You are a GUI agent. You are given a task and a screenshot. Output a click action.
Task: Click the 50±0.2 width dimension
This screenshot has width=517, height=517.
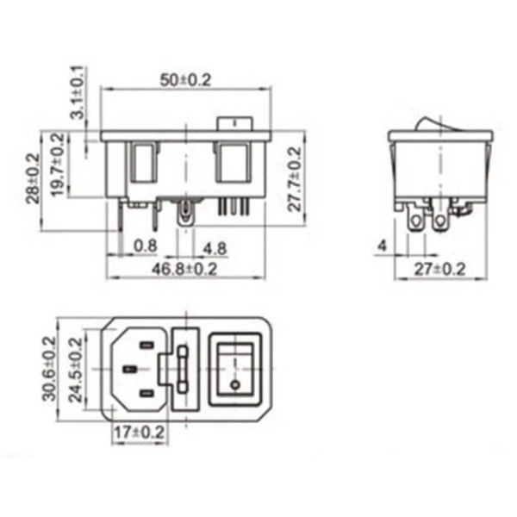pyautogui.click(x=186, y=79)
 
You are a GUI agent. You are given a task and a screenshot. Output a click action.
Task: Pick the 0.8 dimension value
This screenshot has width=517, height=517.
pyautogui.click(x=146, y=246)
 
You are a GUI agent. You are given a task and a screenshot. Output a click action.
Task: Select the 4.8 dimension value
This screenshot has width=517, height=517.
pyautogui.click(x=215, y=247)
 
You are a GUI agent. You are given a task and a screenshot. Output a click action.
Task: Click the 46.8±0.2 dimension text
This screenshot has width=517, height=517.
pyautogui.click(x=184, y=269)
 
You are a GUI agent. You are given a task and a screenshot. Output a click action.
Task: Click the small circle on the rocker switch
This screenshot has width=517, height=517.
pyautogui.click(x=234, y=380)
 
